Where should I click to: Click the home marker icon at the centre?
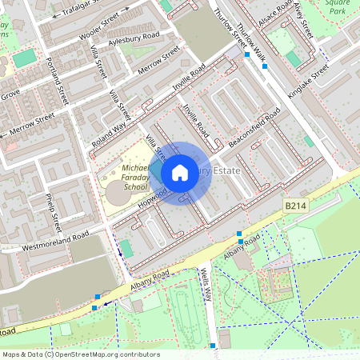(180, 172)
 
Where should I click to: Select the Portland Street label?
(57, 80)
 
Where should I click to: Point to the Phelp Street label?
(53, 210)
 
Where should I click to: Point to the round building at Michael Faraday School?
(118, 194)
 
